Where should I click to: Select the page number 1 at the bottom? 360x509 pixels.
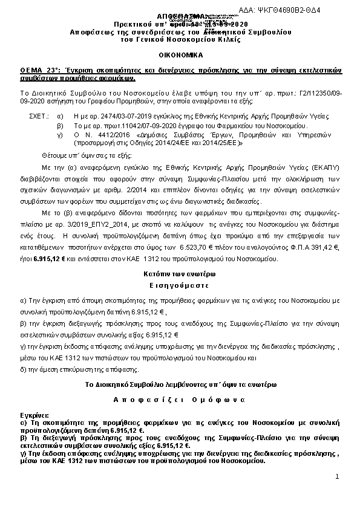[x=336, y=477]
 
